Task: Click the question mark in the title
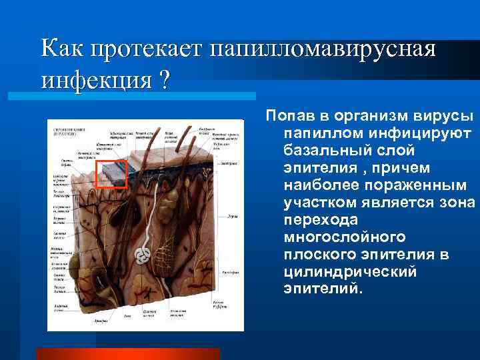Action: click(x=161, y=82)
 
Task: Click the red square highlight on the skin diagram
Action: click(x=111, y=175)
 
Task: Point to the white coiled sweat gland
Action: click(x=141, y=255)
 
